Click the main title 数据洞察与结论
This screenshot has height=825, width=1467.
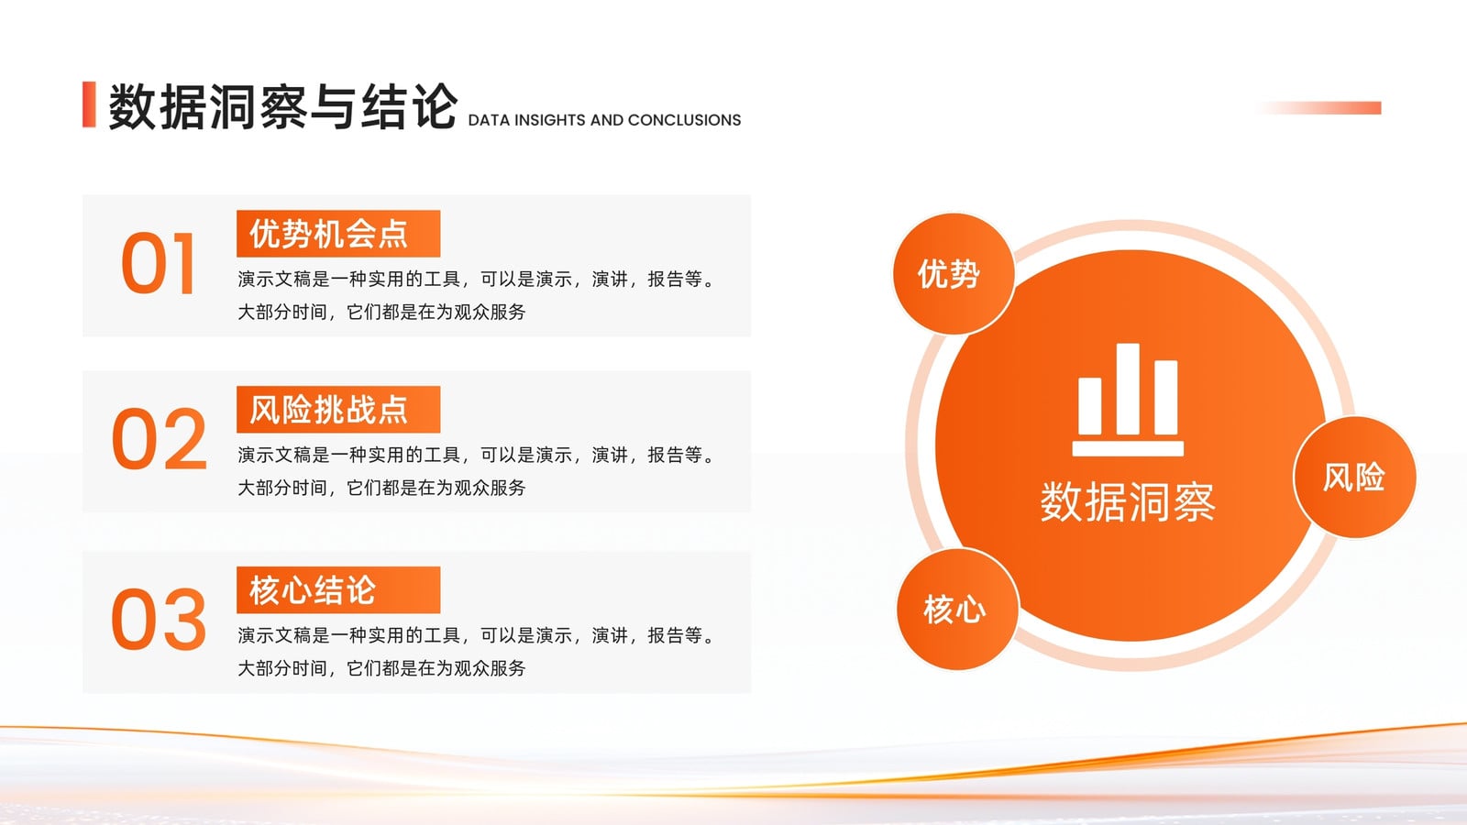282,106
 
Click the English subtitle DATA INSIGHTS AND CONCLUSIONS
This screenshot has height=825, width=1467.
604,120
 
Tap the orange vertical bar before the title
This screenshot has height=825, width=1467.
89,104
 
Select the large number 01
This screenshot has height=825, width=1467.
158,263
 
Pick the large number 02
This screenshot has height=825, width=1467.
160,439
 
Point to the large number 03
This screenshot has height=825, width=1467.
159,619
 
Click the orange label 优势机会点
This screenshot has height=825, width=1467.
338,234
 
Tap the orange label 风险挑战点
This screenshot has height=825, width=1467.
338,409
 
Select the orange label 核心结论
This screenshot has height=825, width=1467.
338,590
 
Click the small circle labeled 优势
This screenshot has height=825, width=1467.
954,274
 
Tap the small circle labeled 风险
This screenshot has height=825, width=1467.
1354,478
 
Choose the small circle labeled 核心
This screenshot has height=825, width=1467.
957,610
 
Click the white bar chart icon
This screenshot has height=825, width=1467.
1128,400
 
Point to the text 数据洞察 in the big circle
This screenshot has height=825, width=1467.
1128,502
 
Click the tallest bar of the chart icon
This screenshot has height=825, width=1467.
1128,389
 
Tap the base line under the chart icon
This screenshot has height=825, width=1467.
1128,448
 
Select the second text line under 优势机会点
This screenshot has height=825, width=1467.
381,313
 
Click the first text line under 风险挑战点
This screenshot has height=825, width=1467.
478,455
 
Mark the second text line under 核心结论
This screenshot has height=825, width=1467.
381,668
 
